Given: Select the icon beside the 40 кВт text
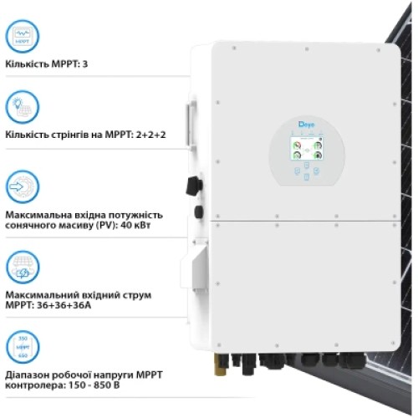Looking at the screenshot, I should tap(22, 186).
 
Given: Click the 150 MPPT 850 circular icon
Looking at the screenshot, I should tap(22, 346).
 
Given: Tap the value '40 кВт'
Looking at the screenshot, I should tap(147, 227).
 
